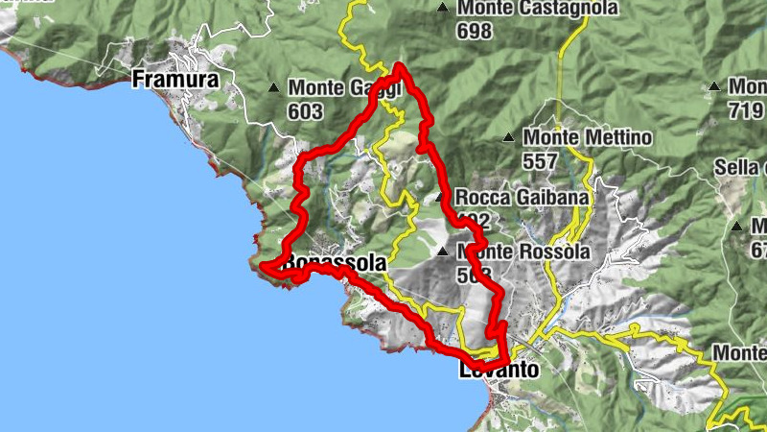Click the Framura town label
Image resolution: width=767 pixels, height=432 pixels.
[175, 78]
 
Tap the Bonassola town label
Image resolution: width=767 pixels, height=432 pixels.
[335, 262]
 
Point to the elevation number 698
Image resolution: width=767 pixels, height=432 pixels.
[475, 32]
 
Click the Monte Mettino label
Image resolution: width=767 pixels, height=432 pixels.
[587, 138]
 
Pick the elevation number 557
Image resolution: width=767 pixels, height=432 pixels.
[540, 161]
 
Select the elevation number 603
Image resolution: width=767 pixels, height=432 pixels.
[304, 111]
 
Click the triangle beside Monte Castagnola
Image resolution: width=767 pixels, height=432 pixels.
[442, 9]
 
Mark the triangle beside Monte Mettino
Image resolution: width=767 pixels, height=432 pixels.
[508, 137]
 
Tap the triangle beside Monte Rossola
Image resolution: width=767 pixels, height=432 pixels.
[442, 252]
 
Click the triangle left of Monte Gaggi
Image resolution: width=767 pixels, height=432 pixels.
[272, 88]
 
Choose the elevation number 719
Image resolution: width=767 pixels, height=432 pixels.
[746, 111]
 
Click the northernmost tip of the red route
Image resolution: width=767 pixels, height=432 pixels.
[400, 66]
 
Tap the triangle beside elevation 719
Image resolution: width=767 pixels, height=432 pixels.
[713, 87]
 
